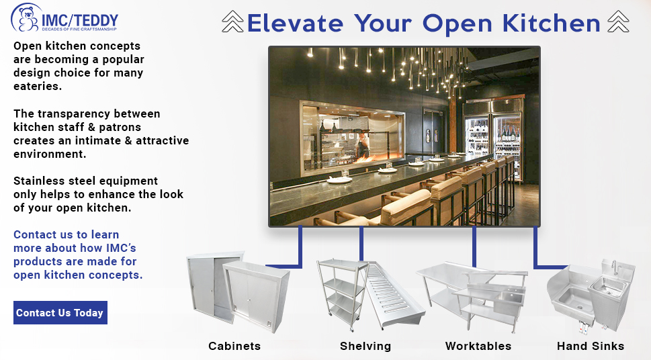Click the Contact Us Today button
pos(60,313)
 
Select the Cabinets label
pos(234,346)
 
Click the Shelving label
pos(365,346)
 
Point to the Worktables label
pos(478,346)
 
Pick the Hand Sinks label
pos(591,346)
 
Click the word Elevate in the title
pos(295,24)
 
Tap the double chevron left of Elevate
pos(232,21)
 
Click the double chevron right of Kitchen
pos(618,21)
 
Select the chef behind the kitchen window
pos(363,146)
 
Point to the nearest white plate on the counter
pos(340,179)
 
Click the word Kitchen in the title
pos(551,24)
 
